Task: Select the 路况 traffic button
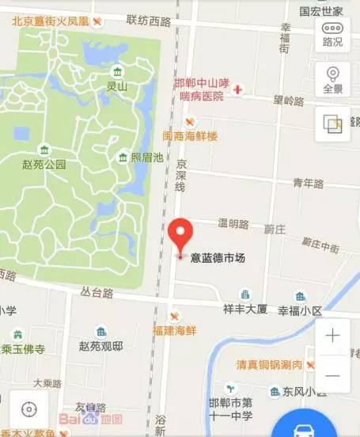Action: click(x=332, y=34)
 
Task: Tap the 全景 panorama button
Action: click(x=332, y=79)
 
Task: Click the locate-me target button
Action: click(x=29, y=408)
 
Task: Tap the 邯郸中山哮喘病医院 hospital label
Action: click(x=203, y=89)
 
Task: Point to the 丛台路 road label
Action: click(x=97, y=292)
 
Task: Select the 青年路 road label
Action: click(x=309, y=183)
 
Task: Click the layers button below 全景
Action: click(x=332, y=123)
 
